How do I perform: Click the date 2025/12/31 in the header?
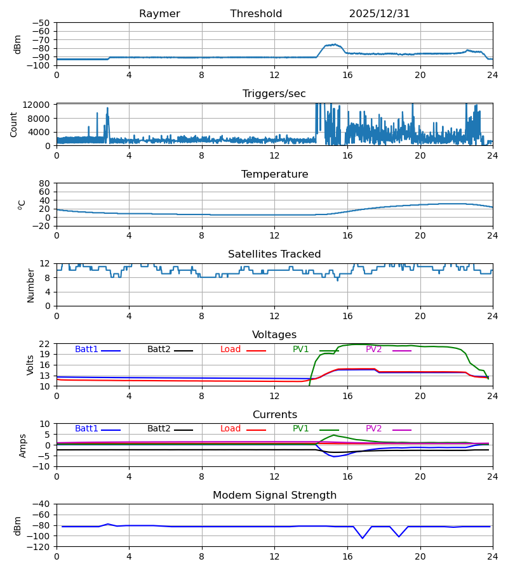[379, 14]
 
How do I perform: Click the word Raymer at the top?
[159, 14]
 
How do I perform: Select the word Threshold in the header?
[256, 14]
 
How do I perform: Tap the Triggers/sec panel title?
[274, 94]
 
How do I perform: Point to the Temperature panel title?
[274, 174]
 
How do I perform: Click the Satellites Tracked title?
[274, 254]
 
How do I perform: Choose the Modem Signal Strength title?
[274, 496]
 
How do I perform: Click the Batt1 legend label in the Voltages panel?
[86, 350]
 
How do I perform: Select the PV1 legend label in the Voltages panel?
[300, 350]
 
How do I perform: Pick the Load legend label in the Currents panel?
[231, 429]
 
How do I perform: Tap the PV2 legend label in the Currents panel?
[373, 429]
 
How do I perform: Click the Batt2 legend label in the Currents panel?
[159, 429]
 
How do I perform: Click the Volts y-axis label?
[30, 365]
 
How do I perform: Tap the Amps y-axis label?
[23, 445]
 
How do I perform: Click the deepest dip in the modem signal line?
[363, 538]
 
